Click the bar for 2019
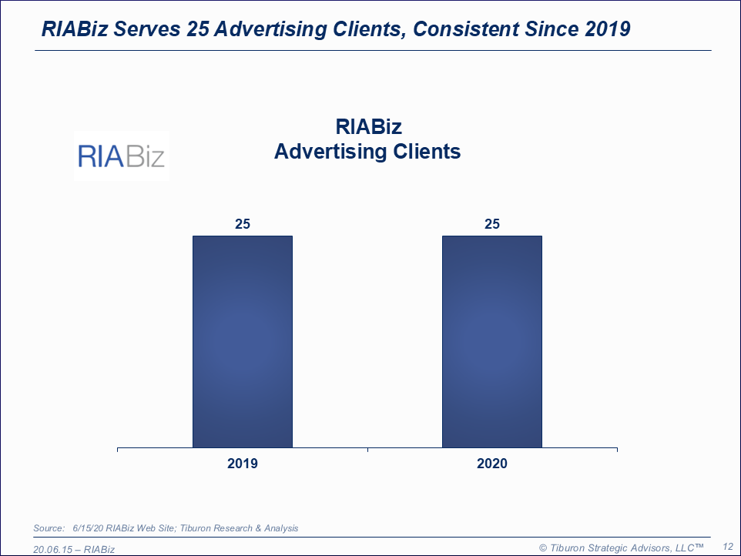tap(243, 341)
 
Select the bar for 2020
tap(491, 341)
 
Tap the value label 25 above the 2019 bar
tap(243, 224)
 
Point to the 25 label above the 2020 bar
tap(491, 224)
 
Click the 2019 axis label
tap(243, 464)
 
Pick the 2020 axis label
tap(491, 464)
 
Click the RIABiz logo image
tap(122, 156)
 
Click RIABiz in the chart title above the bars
tap(368, 126)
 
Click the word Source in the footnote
tap(49, 528)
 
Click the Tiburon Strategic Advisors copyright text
tap(622, 547)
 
